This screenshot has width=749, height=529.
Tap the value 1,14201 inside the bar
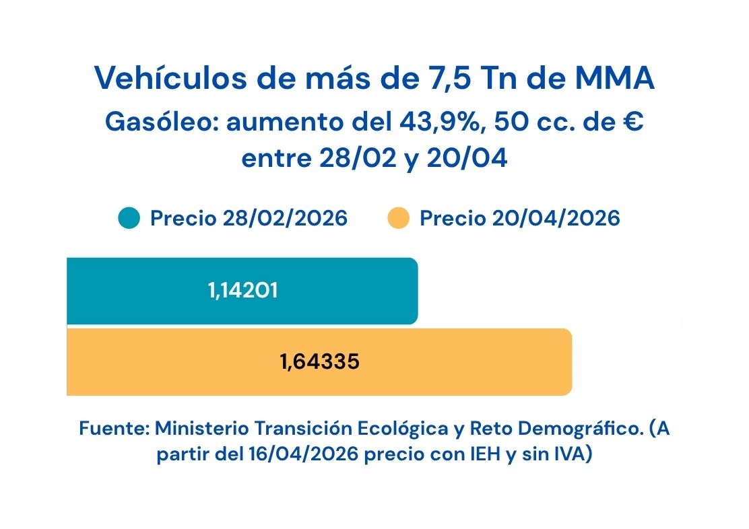click(243, 291)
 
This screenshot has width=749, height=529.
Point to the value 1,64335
click(320, 362)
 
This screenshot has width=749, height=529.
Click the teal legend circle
click(129, 219)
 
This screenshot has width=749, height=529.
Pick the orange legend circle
click(399, 219)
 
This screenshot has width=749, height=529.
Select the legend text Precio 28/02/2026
click(249, 219)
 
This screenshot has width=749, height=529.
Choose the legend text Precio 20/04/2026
click(520, 219)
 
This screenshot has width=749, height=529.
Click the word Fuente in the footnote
click(113, 429)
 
